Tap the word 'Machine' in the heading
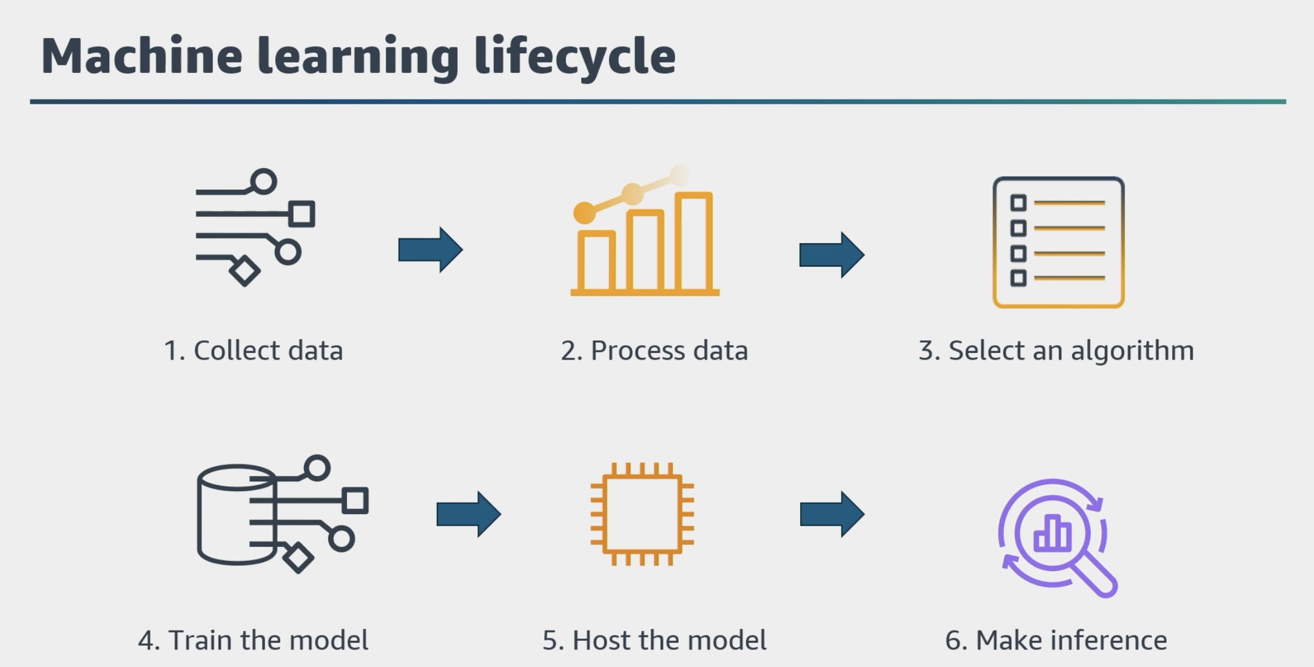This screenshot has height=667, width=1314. [142, 55]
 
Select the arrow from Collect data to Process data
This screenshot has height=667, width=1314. [430, 250]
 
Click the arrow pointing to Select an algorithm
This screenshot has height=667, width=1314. [832, 255]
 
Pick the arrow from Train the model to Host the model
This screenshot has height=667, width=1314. [468, 514]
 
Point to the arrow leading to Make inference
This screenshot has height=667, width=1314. [832, 514]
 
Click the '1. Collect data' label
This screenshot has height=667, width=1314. [254, 350]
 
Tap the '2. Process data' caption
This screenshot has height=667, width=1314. [654, 350]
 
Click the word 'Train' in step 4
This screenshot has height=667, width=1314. [201, 640]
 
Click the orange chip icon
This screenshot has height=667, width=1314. [642, 514]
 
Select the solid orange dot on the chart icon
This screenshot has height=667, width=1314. [584, 213]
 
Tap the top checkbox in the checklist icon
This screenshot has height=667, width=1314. [1019, 203]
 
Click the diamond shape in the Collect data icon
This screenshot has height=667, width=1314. [244, 271]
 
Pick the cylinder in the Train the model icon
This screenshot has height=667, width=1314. [237, 515]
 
